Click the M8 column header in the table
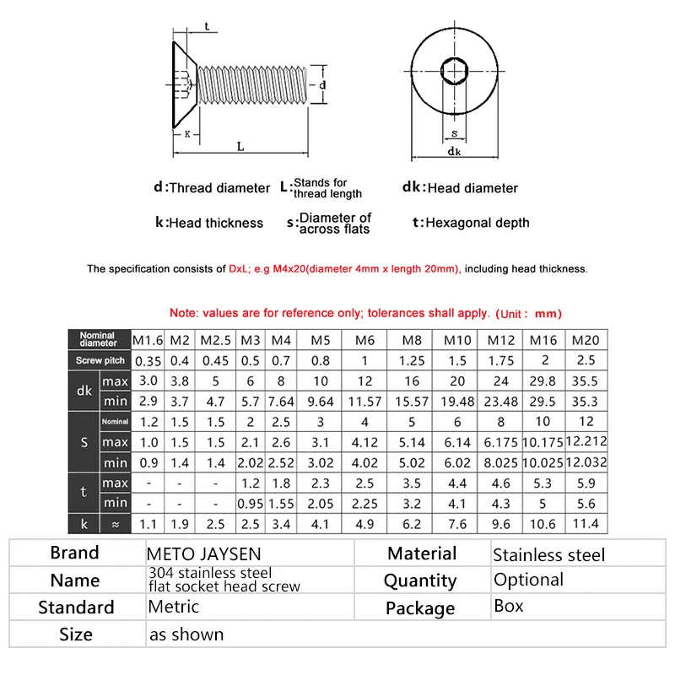point(410,340)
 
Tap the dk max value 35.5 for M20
point(586,381)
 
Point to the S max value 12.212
point(586,441)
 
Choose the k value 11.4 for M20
point(586,524)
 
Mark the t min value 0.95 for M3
point(251,503)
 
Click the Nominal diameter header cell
point(98,340)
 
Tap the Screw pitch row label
point(98,360)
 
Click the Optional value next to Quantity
point(528,580)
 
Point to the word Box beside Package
point(508,606)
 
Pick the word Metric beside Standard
point(173,606)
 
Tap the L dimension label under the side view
point(240,146)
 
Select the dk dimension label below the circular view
point(454,152)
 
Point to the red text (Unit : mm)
point(527,313)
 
